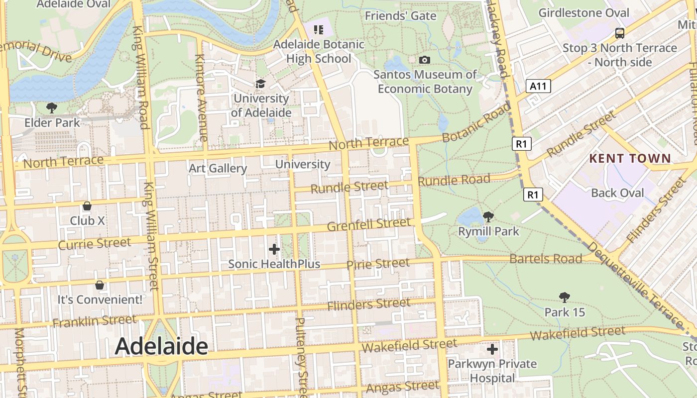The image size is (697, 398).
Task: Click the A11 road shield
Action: pyautogui.click(x=538, y=86)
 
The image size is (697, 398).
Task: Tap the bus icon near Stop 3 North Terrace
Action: pyautogui.click(x=620, y=33)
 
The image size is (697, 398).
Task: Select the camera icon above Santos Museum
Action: pyautogui.click(x=424, y=60)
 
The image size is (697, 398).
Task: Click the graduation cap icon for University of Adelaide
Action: pyautogui.click(x=260, y=84)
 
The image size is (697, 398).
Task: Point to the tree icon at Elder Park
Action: pyautogui.click(x=51, y=107)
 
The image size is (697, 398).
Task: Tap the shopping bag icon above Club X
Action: pyautogui.click(x=87, y=206)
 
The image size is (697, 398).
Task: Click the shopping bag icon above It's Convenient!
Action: pyautogui.click(x=100, y=285)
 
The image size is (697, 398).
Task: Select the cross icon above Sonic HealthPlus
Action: pyautogui.click(x=274, y=249)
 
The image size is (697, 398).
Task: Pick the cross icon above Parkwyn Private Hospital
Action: pyautogui.click(x=492, y=349)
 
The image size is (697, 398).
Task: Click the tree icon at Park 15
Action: pyautogui.click(x=564, y=298)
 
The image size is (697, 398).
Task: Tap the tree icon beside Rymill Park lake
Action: pyautogui.click(x=488, y=216)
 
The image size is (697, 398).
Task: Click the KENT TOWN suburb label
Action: pyautogui.click(x=630, y=159)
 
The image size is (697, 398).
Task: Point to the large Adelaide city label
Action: pyautogui.click(x=161, y=346)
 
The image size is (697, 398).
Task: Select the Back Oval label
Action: pyautogui.click(x=617, y=193)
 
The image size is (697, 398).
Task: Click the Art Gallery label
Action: pyautogui.click(x=218, y=168)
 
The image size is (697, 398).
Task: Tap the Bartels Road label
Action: pyautogui.click(x=546, y=259)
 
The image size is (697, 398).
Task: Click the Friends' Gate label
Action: pyautogui.click(x=400, y=16)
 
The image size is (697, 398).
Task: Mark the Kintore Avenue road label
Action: pyautogui.click(x=201, y=97)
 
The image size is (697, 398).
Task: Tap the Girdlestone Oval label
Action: pyautogui.click(x=583, y=13)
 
